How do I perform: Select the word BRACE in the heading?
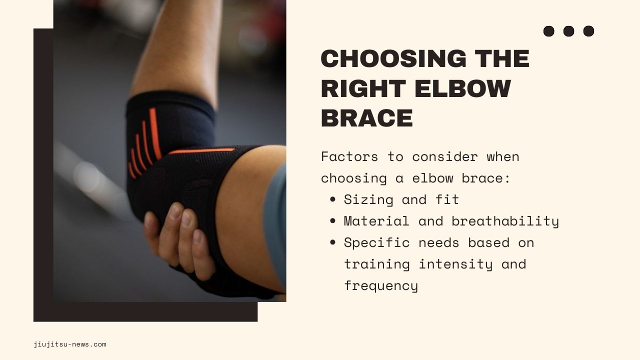click(366, 118)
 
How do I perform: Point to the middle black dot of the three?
click(568, 31)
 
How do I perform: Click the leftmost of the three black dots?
click(548, 31)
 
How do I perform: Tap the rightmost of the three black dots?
click(588, 31)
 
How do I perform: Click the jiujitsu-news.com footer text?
click(70, 344)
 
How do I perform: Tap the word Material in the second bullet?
click(376, 221)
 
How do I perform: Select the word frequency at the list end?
click(380, 285)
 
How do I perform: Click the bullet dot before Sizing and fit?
click(333, 199)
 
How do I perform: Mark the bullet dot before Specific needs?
click(333, 242)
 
